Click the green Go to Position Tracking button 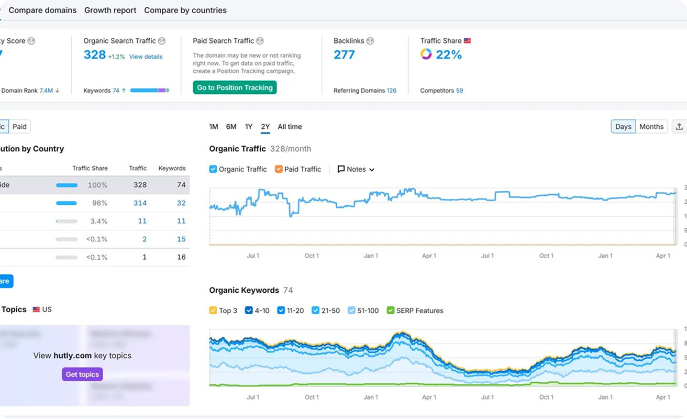(x=235, y=87)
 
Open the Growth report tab (x=110, y=10)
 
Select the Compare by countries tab (x=185, y=10)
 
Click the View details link (x=146, y=57)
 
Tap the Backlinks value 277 (x=344, y=54)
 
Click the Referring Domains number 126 (x=391, y=91)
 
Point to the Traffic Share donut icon (x=426, y=54)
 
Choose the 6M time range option (x=231, y=127)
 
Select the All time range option (x=290, y=127)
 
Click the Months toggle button (x=651, y=127)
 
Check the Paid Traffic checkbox (x=279, y=169)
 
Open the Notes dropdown (x=356, y=169)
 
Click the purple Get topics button (x=82, y=374)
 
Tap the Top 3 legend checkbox (x=213, y=311)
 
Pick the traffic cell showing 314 (x=140, y=203)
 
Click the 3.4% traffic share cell (x=98, y=221)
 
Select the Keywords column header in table (x=172, y=168)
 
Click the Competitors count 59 (x=459, y=91)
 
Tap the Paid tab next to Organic (x=19, y=127)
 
